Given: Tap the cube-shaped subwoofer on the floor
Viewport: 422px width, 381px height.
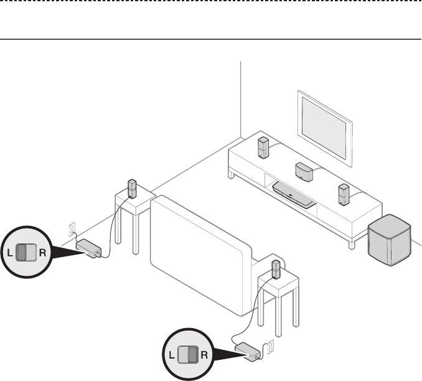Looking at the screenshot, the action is (390, 240).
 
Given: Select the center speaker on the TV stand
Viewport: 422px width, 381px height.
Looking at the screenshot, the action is (304, 172).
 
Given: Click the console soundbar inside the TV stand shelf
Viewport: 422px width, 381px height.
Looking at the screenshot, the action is (294, 195).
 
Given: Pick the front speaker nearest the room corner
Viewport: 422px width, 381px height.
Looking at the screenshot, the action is (263, 148).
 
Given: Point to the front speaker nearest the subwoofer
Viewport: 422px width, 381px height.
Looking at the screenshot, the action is (344, 194).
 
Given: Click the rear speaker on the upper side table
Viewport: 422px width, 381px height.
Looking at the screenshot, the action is (132, 189).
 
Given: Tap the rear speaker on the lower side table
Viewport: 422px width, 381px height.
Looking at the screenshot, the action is (276, 270).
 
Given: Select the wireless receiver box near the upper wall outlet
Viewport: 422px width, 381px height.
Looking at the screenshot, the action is (88, 248).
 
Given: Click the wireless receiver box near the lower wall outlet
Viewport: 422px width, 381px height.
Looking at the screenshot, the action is (248, 352).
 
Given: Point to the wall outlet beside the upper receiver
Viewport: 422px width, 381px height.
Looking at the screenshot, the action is (72, 229).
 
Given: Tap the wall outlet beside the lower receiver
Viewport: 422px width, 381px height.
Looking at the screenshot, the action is (271, 347).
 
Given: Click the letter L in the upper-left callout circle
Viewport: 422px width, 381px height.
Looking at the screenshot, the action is (10, 253).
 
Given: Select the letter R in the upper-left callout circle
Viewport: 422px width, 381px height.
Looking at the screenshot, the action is (43, 253).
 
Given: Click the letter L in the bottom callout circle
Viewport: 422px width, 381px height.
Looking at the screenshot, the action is (171, 355).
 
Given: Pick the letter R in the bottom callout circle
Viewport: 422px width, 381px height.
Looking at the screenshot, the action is (204, 355).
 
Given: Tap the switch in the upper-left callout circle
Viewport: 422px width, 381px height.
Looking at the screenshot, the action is (26, 253).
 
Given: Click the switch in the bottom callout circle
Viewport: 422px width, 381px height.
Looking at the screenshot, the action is (188, 355).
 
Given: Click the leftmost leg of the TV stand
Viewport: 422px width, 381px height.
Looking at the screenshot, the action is (231, 174).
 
